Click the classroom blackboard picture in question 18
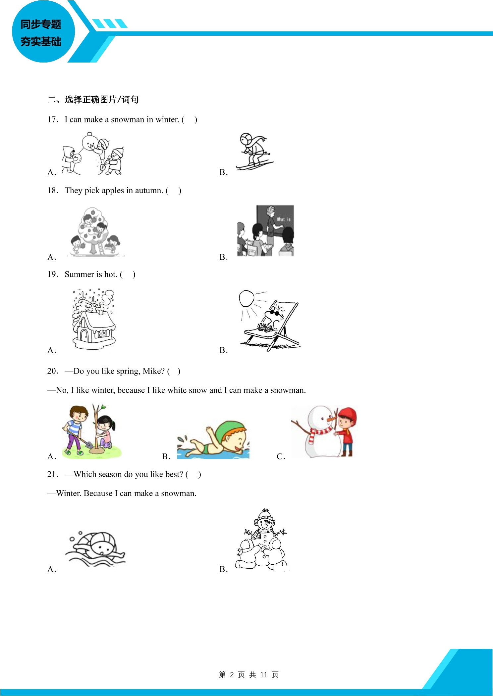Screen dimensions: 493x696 click(265, 230)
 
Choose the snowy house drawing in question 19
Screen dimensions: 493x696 click(94, 319)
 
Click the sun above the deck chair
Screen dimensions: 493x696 click(246, 299)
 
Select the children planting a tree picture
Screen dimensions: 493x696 click(91, 431)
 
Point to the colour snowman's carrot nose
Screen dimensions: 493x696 click(331, 419)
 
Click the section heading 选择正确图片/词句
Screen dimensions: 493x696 click(102, 99)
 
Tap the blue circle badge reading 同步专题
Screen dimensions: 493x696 click(43, 32)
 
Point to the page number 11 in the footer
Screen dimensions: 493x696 click(264, 674)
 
